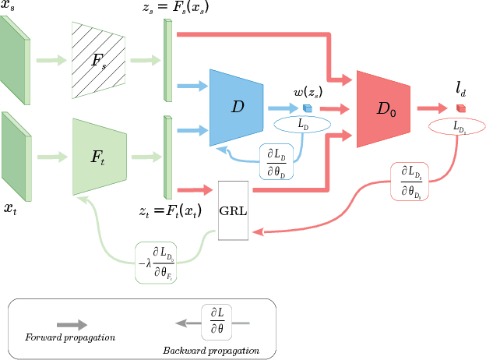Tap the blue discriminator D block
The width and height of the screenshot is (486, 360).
coord(238,108)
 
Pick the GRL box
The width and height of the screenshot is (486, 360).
coord(234,210)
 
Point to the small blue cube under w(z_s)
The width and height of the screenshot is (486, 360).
coord(307,108)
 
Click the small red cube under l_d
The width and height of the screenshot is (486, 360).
coord(461,108)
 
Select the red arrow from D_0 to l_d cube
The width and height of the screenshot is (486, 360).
coord(433,109)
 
